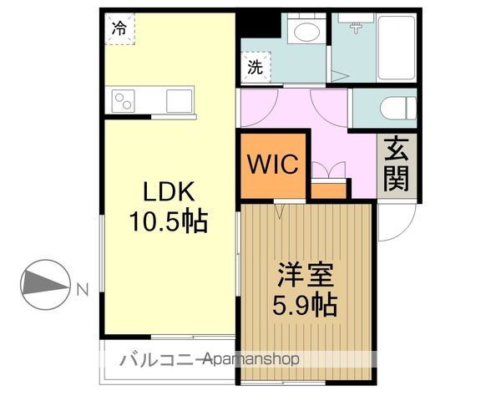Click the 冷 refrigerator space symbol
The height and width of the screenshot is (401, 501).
pyautogui.click(x=119, y=28)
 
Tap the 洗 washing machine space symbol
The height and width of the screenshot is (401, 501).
pyautogui.click(x=256, y=68)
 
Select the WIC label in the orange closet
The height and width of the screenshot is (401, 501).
pyautogui.click(x=273, y=164)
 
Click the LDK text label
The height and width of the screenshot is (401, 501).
pyautogui.click(x=169, y=191)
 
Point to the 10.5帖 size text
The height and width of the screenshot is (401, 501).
pyautogui.click(x=169, y=221)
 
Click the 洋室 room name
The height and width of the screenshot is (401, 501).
pyautogui.click(x=306, y=275)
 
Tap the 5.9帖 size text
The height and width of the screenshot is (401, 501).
pyautogui.click(x=305, y=305)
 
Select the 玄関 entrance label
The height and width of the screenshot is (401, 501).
pyautogui.click(x=397, y=164)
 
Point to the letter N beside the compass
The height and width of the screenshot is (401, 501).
pyautogui.click(x=83, y=290)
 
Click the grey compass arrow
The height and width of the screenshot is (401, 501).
pyautogui.click(x=45, y=282)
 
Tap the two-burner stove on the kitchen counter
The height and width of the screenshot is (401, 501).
pyautogui.click(x=123, y=101)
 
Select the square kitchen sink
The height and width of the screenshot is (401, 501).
pyautogui.click(x=180, y=101)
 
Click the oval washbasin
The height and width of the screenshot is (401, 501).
pyautogui.click(x=306, y=32)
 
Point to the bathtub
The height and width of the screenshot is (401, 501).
pyautogui.click(x=396, y=48)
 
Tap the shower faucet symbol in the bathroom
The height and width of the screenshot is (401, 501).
pyautogui.click(x=356, y=28)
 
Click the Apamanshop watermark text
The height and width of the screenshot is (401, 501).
pyautogui.click(x=252, y=359)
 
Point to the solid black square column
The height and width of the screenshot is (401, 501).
pyautogui.click(x=258, y=25)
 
